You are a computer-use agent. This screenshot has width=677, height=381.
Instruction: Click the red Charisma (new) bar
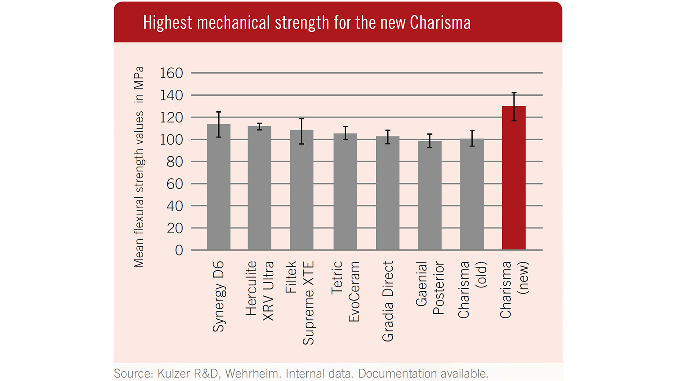coord(514,178)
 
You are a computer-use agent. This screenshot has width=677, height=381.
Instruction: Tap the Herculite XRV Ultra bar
coord(259,188)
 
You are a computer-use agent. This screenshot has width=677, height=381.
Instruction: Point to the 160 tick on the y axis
coord(171,73)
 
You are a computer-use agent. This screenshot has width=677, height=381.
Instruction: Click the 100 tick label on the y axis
coord(171,140)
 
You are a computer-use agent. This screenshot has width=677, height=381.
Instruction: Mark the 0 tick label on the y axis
coord(179,251)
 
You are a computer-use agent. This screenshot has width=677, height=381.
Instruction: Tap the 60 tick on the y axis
coord(174,184)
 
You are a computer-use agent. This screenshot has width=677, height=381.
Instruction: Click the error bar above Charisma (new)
coord(514,106)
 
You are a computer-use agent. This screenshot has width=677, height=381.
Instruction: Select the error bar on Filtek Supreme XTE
coord(302,131)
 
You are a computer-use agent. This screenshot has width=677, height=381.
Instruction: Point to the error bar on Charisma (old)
coord(472,138)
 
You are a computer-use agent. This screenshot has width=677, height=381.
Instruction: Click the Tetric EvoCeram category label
coord(345,291)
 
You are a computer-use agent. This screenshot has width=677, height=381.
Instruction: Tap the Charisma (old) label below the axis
coord(472,290)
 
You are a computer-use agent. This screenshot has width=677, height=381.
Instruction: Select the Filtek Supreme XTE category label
coord(300,303)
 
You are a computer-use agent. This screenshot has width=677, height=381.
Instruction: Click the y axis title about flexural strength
coord(139,167)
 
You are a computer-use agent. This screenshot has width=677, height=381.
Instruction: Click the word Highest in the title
coord(167,23)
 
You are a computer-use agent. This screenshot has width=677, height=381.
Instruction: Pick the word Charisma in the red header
coord(440,23)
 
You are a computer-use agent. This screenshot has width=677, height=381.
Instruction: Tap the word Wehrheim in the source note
coord(252,374)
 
